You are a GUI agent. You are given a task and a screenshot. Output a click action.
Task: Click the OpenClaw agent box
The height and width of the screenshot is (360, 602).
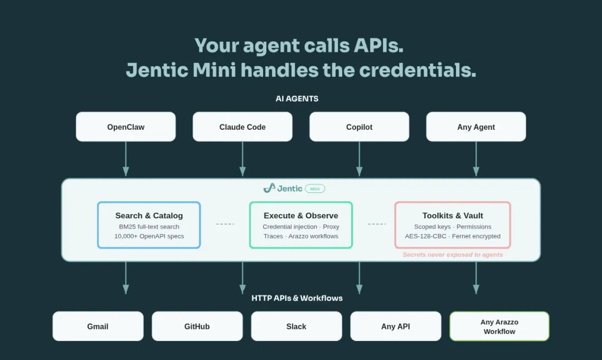pos(125,127)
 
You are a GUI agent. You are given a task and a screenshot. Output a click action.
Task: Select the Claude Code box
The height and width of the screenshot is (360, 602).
pos(242,127)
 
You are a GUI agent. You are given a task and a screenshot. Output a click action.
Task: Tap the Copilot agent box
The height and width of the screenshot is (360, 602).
pos(359,127)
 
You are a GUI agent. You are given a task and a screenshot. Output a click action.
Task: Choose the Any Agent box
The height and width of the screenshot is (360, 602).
pos(476,127)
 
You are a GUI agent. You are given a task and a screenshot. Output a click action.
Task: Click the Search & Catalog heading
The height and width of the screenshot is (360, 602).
pos(149,216)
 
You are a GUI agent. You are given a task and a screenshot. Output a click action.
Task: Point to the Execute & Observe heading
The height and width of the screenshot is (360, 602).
pos(301,216)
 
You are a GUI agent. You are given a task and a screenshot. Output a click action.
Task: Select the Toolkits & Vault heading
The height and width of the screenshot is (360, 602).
pos(453,216)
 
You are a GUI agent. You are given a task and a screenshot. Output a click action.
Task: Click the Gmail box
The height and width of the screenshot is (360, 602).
pos(98,327)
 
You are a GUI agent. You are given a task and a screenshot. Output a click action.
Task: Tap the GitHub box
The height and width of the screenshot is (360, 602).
pos(197,327)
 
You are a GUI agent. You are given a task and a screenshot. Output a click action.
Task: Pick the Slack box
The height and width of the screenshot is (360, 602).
pos(297,327)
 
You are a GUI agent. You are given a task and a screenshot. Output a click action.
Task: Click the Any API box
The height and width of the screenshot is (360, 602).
pos(396,327)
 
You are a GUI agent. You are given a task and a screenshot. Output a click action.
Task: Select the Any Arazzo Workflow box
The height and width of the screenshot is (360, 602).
pos(499,327)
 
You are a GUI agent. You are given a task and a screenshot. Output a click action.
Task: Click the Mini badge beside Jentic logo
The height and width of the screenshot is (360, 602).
pos(315,188)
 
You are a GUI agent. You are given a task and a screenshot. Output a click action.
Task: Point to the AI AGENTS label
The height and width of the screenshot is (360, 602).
pos(297,99)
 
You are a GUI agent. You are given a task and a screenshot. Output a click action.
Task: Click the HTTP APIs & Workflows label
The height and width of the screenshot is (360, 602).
pos(297,298)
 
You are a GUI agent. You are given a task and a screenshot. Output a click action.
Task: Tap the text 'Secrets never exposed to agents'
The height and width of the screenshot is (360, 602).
pos(453,255)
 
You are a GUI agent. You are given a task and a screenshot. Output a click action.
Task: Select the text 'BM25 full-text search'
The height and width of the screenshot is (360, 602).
pos(149,227)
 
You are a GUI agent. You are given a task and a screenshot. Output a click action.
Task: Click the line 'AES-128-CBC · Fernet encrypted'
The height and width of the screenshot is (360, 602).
pos(453,236)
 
